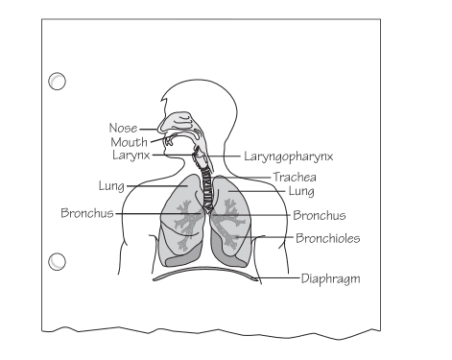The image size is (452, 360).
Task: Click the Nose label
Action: pos(123,127)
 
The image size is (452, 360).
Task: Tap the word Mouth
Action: pos(128,141)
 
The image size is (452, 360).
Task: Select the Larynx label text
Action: pos(131,155)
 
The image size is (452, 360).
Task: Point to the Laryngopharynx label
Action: pos(281,155)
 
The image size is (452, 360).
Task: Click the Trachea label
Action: pos(295,178)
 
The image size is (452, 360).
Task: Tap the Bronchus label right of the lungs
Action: pos(320,216)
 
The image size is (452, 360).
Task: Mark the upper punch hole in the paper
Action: pos(58,82)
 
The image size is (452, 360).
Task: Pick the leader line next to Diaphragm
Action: pos(274,279)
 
